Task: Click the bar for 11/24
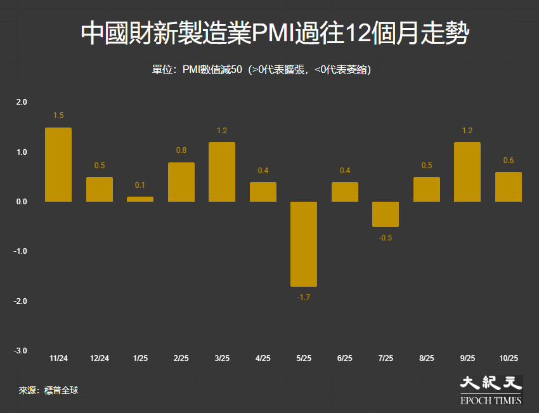click(x=58, y=165)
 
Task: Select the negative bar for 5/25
click(x=304, y=244)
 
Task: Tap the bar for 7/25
click(x=386, y=214)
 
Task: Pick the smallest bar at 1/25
click(x=140, y=199)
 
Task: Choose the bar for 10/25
click(x=509, y=187)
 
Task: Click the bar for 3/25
click(x=222, y=172)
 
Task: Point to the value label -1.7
click(x=304, y=297)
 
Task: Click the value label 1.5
click(x=58, y=115)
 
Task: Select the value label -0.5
click(x=386, y=237)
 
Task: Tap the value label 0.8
click(x=181, y=150)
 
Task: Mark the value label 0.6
click(x=509, y=161)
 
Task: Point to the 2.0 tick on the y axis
click(x=22, y=102)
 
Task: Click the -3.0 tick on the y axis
click(x=21, y=351)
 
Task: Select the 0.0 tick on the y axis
click(x=22, y=202)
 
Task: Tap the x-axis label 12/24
click(x=100, y=358)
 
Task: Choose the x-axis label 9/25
click(x=467, y=358)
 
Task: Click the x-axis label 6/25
click(x=344, y=358)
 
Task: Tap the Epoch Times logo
click(x=491, y=390)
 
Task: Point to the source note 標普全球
click(x=61, y=390)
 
